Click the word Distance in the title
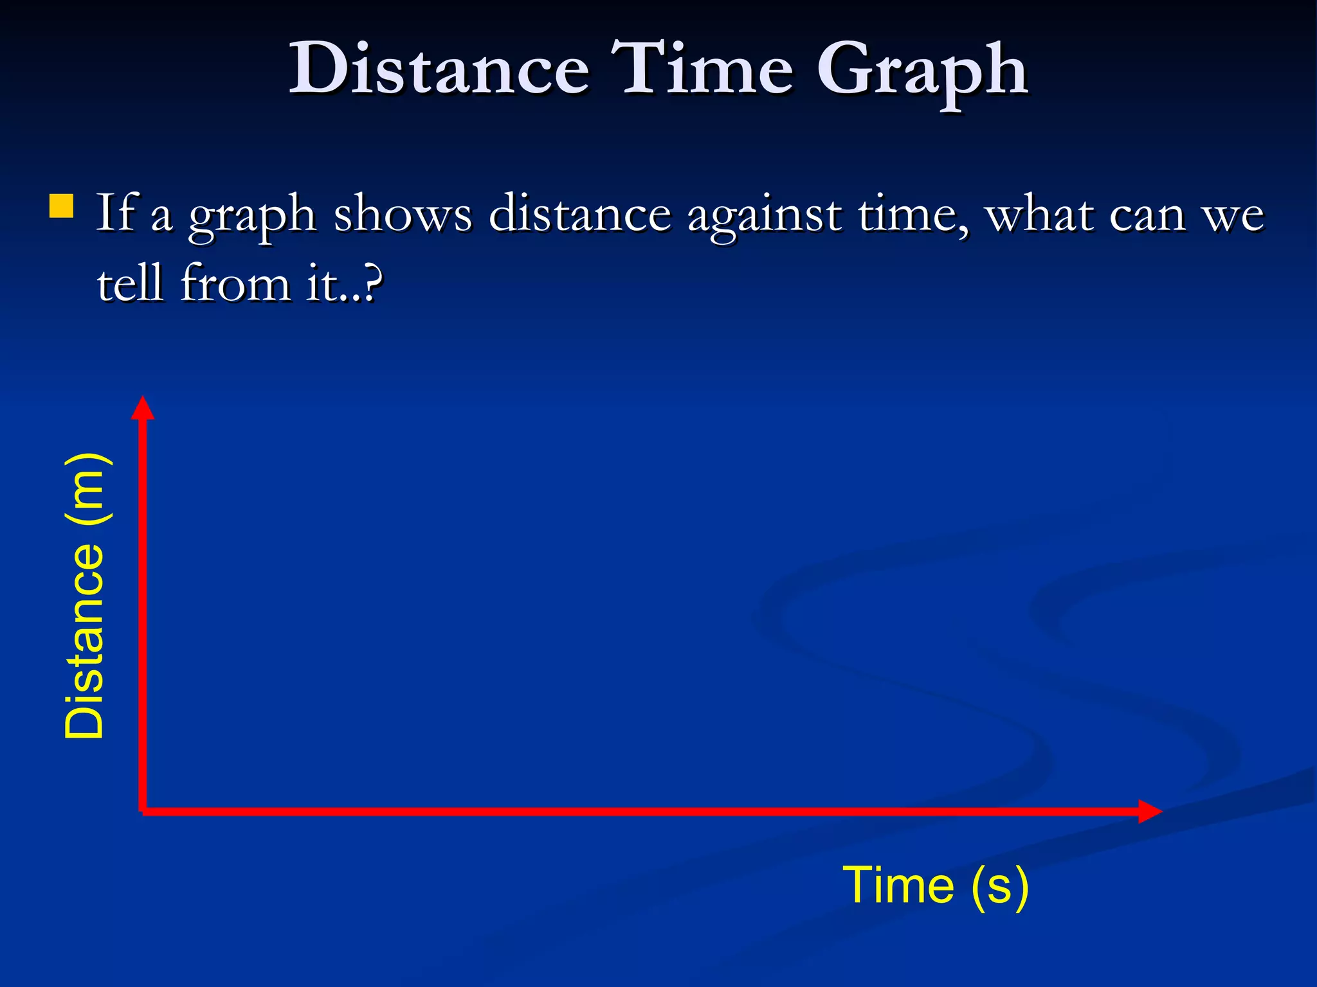[x=439, y=68]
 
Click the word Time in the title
[x=702, y=68]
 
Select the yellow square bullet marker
[x=61, y=207]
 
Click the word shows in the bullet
[x=403, y=213]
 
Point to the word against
[x=764, y=216]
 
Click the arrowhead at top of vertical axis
[x=143, y=408]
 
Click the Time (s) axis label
[x=936, y=885]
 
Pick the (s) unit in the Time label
[x=999, y=887]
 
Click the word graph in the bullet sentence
[x=251, y=216]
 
